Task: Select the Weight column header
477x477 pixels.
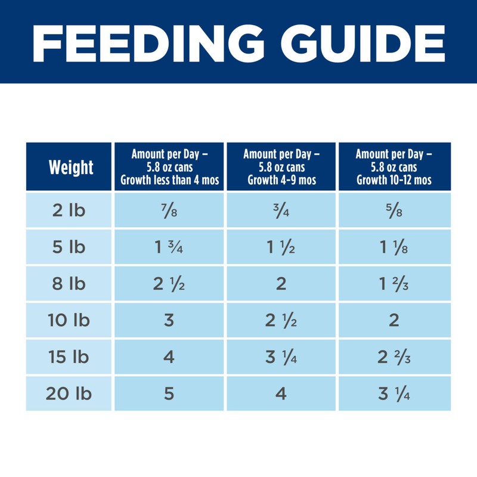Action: point(71,168)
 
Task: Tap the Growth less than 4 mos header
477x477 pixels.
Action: point(169,167)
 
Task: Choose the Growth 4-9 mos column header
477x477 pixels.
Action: point(281,167)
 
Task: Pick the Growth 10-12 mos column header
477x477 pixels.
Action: point(394,167)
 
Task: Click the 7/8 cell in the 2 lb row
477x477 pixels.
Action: point(169,209)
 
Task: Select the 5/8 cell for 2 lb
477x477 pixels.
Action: point(394,209)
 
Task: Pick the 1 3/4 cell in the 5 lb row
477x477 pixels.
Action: point(169,246)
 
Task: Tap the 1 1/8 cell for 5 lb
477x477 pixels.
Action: point(394,246)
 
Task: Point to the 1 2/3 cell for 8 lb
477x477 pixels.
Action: point(394,283)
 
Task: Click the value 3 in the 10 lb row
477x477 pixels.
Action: point(169,320)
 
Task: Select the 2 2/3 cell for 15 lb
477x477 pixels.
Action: point(394,357)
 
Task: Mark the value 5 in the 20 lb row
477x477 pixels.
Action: point(169,394)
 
